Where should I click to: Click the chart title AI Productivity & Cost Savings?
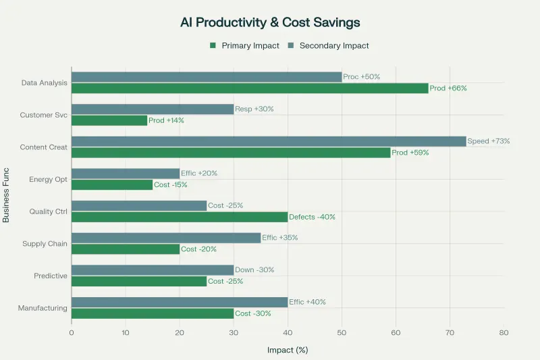pyautogui.click(x=270, y=22)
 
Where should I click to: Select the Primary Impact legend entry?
pyautogui.click(x=240, y=45)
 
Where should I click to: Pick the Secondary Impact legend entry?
pyautogui.click(x=329, y=45)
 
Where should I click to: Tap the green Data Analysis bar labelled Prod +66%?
pyautogui.click(x=250, y=88)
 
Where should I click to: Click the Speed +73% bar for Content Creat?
pyautogui.click(x=269, y=141)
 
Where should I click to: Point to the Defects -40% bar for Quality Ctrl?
pyautogui.click(x=180, y=217)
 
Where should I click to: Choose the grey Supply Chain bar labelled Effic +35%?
pyautogui.click(x=166, y=238)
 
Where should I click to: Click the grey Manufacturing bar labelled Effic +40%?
pyautogui.click(x=180, y=302)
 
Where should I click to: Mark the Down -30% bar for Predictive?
pyautogui.click(x=153, y=269)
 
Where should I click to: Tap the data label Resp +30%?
pyautogui.click(x=254, y=109)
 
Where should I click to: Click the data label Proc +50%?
pyautogui.click(x=362, y=76)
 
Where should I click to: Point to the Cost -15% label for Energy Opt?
pyautogui.click(x=171, y=184)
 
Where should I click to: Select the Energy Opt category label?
pyautogui.click(x=48, y=180)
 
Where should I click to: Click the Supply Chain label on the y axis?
pyautogui.click(x=45, y=244)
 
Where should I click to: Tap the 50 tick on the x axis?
pyautogui.click(x=342, y=332)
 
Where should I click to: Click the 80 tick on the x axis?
pyautogui.click(x=504, y=332)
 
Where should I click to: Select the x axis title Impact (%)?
pyautogui.click(x=288, y=350)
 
